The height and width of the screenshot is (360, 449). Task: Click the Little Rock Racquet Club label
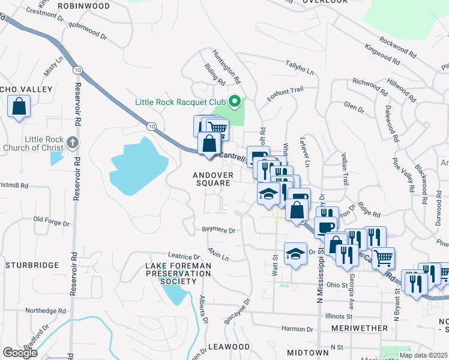(x=179, y=103)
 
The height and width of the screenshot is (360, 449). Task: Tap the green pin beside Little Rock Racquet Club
(x=235, y=103)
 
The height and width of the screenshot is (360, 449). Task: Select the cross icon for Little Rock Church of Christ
(x=73, y=142)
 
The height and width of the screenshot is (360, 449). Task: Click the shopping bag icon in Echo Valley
(x=19, y=106)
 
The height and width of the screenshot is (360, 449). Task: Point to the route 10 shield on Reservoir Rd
(x=77, y=71)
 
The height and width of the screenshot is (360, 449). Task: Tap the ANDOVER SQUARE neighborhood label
(x=212, y=179)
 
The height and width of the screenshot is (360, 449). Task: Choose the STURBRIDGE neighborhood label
(x=32, y=265)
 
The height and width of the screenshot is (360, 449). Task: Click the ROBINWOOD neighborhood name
(x=84, y=6)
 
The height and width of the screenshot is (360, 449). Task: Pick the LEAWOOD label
(x=229, y=347)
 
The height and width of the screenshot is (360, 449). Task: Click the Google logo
(x=20, y=352)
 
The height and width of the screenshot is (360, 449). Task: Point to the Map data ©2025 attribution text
(x=423, y=355)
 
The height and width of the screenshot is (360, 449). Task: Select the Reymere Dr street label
(x=218, y=230)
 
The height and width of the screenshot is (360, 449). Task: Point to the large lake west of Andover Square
(x=138, y=168)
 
